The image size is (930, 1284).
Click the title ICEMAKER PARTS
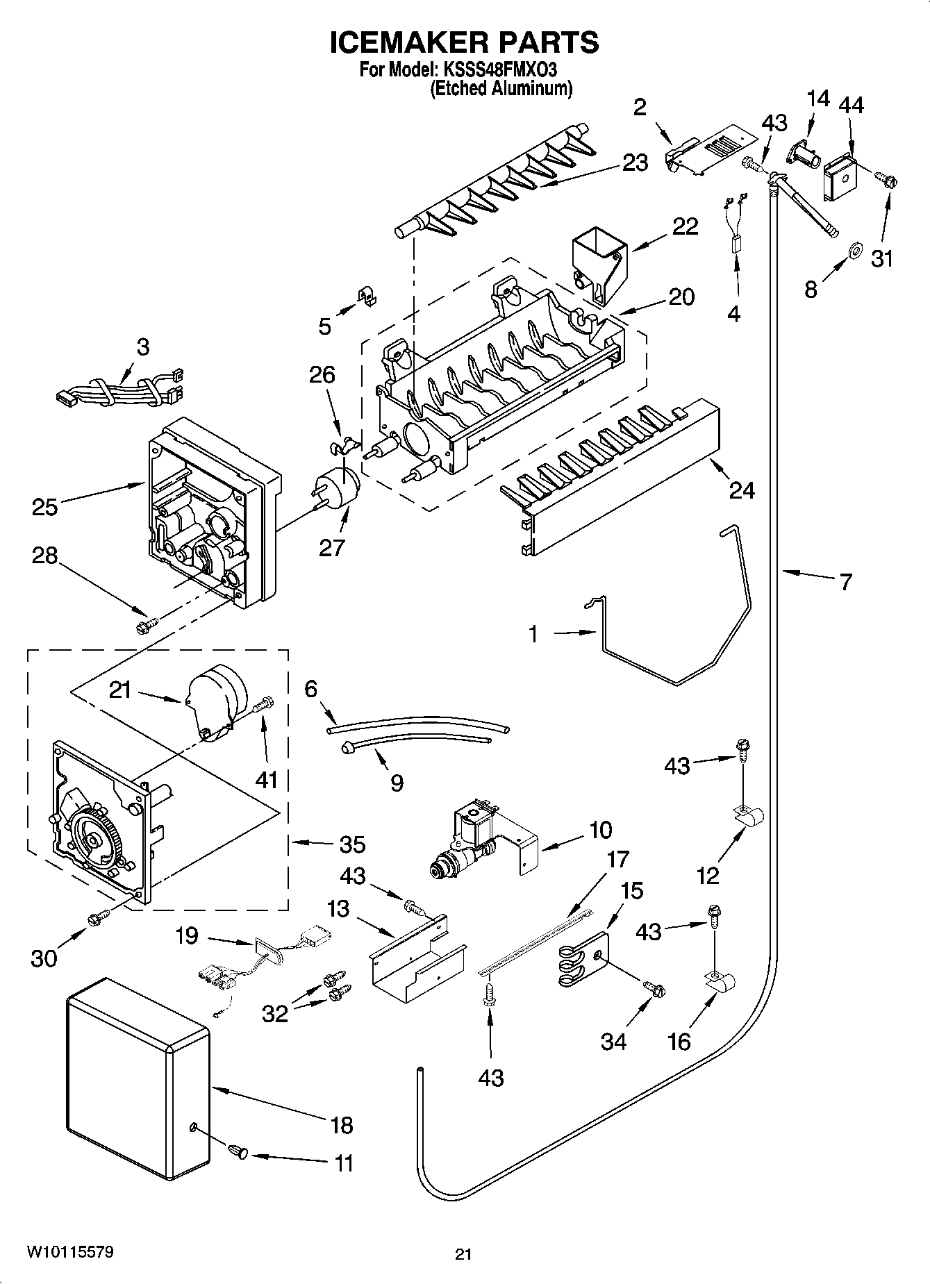pyautogui.click(x=464, y=42)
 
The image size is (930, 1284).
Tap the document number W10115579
pyautogui.click(x=70, y=1251)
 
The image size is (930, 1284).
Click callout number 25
pyautogui.click(x=45, y=507)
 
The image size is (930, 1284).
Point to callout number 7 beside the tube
pyautogui.click(x=845, y=581)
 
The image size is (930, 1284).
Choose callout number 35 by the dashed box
pyautogui.click(x=353, y=844)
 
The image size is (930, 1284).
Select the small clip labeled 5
pyautogui.click(x=367, y=295)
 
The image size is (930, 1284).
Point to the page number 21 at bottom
pyautogui.click(x=463, y=1254)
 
